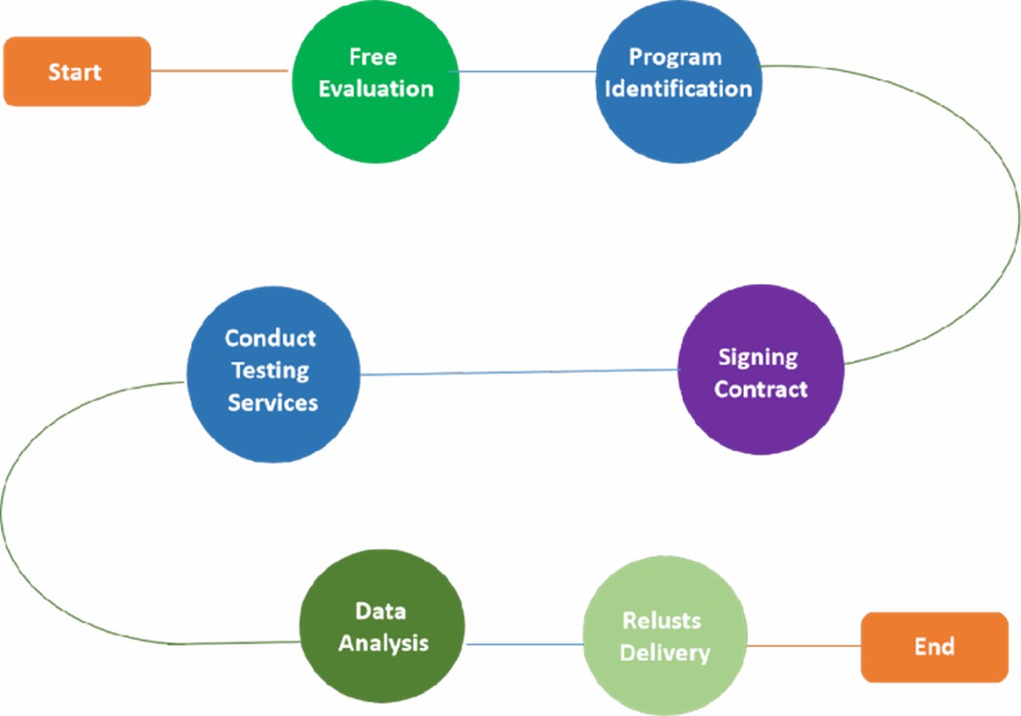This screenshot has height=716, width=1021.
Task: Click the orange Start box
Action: tap(77, 71)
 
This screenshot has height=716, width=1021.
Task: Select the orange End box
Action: tap(934, 646)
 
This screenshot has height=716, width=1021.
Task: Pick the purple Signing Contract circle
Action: tap(760, 372)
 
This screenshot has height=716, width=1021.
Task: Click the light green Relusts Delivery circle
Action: tap(665, 637)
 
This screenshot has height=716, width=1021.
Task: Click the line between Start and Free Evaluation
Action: tap(220, 70)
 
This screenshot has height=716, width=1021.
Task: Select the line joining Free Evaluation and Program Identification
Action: tap(528, 71)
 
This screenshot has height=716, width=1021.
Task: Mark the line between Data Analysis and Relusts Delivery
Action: tap(524, 643)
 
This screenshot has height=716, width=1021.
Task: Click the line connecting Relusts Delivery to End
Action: tap(804, 645)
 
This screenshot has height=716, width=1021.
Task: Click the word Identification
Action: tap(677, 88)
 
